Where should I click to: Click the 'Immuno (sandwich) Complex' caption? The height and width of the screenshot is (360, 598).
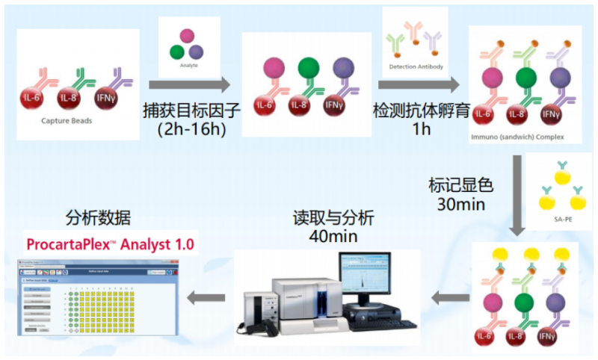pos(518,138)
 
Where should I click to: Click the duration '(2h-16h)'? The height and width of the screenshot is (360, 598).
pos(191,129)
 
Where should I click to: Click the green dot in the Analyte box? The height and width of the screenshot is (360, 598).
pos(176,52)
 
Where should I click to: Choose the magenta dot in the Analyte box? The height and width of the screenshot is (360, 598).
pos(186,34)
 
